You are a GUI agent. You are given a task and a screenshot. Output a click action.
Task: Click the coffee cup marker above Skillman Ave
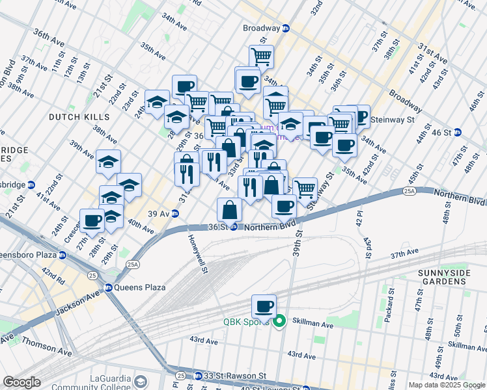(x=264, y=306)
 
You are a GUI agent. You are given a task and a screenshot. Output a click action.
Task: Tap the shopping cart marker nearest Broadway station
(x=261, y=57)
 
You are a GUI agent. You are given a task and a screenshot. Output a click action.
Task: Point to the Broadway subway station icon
(x=285, y=29)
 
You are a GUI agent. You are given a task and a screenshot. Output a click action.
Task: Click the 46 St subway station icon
(x=457, y=132)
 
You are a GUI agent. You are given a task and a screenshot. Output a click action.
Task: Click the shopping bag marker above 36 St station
(x=229, y=210)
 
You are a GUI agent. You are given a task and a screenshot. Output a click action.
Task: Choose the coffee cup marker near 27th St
(x=92, y=221)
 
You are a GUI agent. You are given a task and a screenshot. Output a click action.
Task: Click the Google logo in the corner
(x=22, y=382)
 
